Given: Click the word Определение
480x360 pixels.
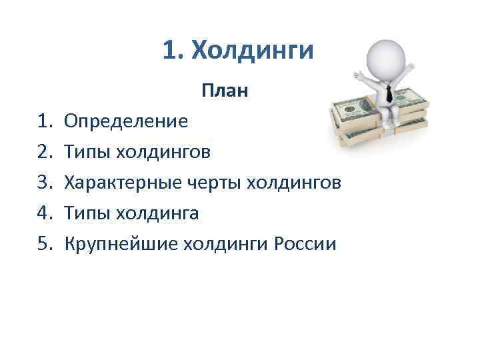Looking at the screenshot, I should [x=126, y=121].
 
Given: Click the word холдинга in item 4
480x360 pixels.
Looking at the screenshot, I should [x=158, y=213].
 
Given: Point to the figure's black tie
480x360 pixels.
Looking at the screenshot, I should [x=389, y=94].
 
